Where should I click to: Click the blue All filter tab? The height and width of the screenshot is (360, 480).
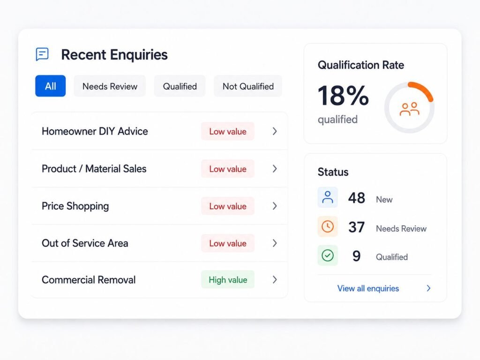click(x=51, y=86)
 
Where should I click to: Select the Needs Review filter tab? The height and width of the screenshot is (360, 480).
click(x=110, y=86)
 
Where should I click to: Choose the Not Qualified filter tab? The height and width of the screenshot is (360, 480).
click(x=248, y=86)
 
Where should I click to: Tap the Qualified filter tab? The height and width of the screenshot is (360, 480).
click(x=180, y=86)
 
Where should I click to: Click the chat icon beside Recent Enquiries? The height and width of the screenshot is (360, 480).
click(x=42, y=54)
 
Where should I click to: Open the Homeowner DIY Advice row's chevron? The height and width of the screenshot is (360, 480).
click(x=275, y=131)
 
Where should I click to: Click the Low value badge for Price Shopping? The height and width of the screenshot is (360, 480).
click(x=228, y=206)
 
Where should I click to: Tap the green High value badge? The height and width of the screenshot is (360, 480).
click(x=228, y=279)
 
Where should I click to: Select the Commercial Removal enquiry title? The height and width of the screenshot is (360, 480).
click(x=89, y=280)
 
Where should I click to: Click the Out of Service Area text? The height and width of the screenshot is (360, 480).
click(x=85, y=243)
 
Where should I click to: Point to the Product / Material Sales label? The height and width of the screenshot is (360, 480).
click(x=94, y=169)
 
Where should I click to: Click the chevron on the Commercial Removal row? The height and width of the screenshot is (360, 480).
click(x=275, y=279)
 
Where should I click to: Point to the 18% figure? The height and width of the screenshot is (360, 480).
click(x=343, y=96)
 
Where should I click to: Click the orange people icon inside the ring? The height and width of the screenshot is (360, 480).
click(x=409, y=109)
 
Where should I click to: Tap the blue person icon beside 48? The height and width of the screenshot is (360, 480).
click(x=328, y=197)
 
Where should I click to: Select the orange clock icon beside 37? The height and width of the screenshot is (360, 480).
click(x=328, y=226)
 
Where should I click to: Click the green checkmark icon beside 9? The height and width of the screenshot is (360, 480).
click(x=328, y=255)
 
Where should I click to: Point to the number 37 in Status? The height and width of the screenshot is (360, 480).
click(x=356, y=227)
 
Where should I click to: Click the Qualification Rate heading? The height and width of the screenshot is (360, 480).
click(x=361, y=65)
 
